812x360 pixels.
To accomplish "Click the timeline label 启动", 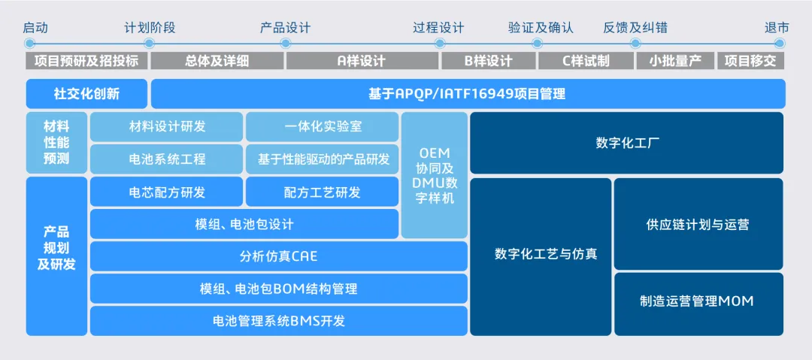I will click(35, 28).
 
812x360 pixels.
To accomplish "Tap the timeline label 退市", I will click(777, 28).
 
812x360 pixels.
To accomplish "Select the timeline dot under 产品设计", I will click(285, 44).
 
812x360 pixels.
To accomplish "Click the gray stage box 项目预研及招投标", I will click(87, 61).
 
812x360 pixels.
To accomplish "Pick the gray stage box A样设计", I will click(361, 61).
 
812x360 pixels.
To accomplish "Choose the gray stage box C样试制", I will click(586, 61).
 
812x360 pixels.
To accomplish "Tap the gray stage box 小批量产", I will click(675, 61).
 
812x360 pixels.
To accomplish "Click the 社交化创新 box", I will click(86, 94).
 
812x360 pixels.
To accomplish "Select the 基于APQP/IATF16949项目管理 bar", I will click(468, 94).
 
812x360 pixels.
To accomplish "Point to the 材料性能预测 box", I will click(56, 143).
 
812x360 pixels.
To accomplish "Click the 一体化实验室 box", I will click(323, 127).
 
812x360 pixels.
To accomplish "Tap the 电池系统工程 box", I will click(166, 159).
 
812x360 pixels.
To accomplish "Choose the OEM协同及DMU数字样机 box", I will click(435, 175).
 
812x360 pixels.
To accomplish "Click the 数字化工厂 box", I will click(626, 143).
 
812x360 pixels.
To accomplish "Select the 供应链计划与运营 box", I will click(698, 224).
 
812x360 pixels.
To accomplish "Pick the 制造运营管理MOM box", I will click(698, 301).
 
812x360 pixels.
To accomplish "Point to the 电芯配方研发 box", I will click(166, 192).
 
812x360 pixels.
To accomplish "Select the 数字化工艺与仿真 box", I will click(541, 255).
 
